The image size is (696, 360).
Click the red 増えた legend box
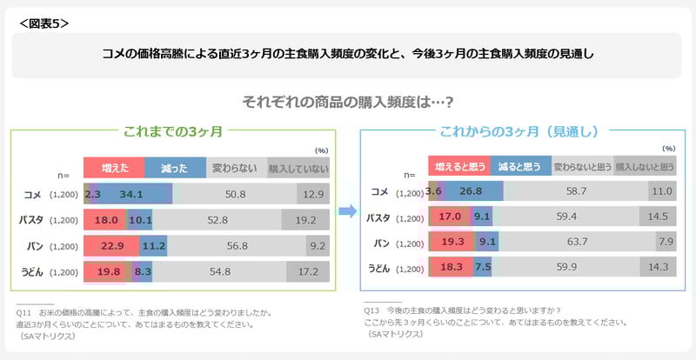113,167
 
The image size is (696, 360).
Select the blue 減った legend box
174,167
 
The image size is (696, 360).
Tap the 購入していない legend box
298,167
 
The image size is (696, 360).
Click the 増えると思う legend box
459,165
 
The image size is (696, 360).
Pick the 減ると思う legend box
520,165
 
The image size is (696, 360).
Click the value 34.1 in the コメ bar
132,193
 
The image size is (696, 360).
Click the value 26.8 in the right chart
470,191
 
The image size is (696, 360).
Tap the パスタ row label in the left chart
31,220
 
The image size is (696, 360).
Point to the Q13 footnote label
372,310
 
